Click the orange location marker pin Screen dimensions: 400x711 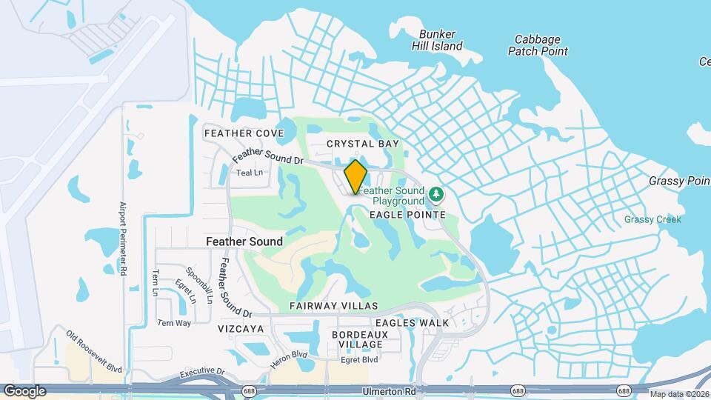pyautogui.click(x=355, y=176)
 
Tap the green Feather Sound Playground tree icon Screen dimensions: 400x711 pyautogui.click(x=437, y=195)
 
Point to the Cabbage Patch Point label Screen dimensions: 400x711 pyautogui.click(x=538, y=45)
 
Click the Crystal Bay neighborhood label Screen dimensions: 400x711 pyautogui.click(x=363, y=144)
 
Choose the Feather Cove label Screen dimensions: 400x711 pyautogui.click(x=233, y=133)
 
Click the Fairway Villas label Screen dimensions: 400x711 pyautogui.click(x=333, y=306)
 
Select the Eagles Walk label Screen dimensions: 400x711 pyautogui.click(x=412, y=323)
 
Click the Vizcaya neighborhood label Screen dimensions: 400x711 pyautogui.click(x=241, y=327)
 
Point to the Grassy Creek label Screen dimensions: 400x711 pyautogui.click(x=652, y=219)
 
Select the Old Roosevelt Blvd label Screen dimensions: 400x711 pyautogui.click(x=93, y=352)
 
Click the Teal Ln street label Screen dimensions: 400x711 pyautogui.click(x=250, y=173)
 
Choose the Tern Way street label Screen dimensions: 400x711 pyautogui.click(x=174, y=323)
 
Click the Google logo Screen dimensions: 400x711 pyautogui.click(x=24, y=390)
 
